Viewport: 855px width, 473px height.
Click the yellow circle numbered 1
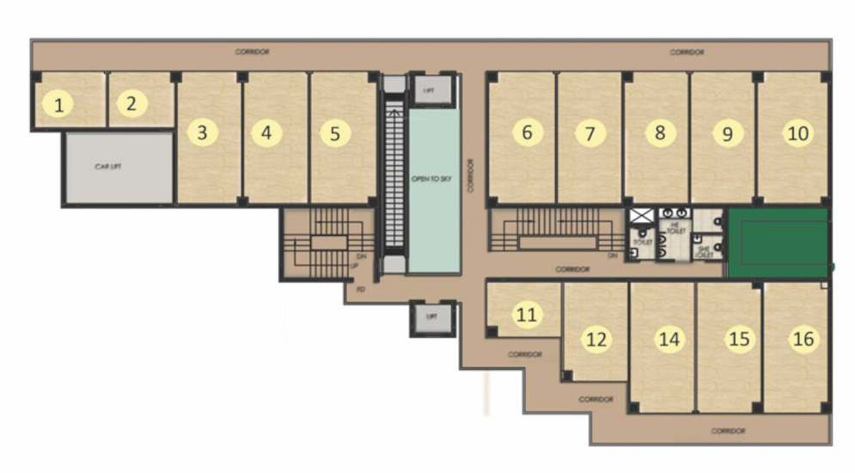tap(58, 106)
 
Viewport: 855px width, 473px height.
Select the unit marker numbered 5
tap(335, 133)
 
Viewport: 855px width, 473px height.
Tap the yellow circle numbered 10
tap(798, 133)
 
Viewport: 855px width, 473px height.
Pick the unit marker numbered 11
tap(528, 315)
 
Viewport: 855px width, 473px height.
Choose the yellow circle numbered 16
tap(803, 339)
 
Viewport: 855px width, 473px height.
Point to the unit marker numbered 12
tap(595, 339)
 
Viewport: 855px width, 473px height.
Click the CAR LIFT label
tap(107, 167)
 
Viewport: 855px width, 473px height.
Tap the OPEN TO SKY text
tap(426, 178)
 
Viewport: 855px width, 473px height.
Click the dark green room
tap(778, 243)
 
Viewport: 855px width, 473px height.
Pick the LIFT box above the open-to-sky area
tap(426, 89)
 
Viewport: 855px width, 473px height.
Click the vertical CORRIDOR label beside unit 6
tap(472, 175)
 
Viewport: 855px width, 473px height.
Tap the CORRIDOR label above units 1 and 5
tap(252, 52)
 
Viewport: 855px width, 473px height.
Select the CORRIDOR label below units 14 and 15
tap(729, 430)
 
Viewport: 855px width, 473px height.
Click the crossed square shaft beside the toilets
tap(641, 216)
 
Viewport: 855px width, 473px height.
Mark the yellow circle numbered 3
tap(202, 133)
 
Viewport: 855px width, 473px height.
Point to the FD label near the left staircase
tap(361, 289)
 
